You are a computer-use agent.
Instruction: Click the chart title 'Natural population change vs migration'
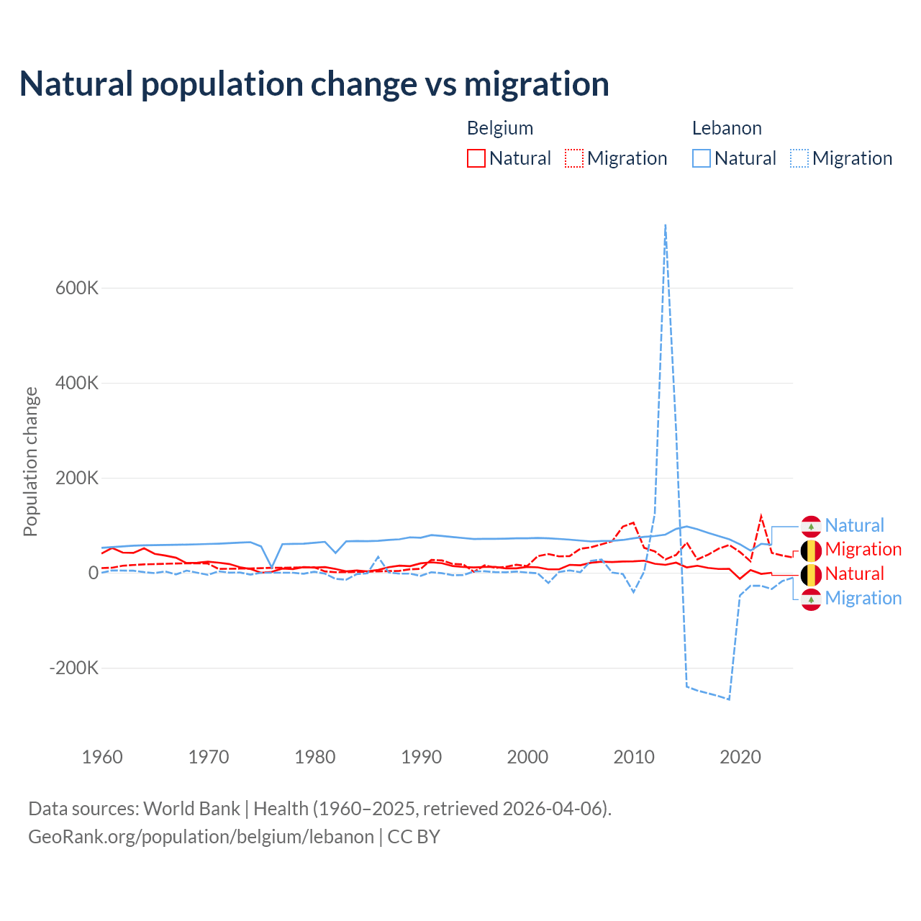(x=314, y=83)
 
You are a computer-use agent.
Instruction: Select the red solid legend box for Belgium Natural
(x=476, y=158)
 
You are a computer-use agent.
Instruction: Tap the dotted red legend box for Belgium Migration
(x=574, y=158)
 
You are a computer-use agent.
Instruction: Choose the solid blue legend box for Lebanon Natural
(x=702, y=158)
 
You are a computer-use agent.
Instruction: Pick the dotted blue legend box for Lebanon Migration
(x=799, y=158)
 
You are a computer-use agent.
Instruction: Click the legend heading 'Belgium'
(x=500, y=128)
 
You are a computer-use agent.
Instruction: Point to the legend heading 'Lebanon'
(x=727, y=128)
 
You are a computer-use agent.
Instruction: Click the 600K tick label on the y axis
(x=77, y=288)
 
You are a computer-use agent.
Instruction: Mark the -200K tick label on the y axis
(x=74, y=668)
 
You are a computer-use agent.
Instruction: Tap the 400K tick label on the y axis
(x=77, y=383)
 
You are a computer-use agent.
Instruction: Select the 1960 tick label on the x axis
(x=102, y=757)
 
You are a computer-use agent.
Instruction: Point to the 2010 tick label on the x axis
(x=634, y=757)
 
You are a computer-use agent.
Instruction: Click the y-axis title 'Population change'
(x=30, y=461)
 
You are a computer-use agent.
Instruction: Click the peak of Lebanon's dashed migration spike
(x=666, y=225)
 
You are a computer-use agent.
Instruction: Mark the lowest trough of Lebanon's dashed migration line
(x=729, y=699)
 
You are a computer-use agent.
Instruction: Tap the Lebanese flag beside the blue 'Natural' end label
(x=811, y=526)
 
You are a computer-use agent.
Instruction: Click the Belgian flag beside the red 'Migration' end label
(x=811, y=550)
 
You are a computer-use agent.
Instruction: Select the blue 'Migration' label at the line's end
(x=863, y=598)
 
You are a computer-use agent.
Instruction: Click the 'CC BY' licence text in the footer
(x=414, y=837)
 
